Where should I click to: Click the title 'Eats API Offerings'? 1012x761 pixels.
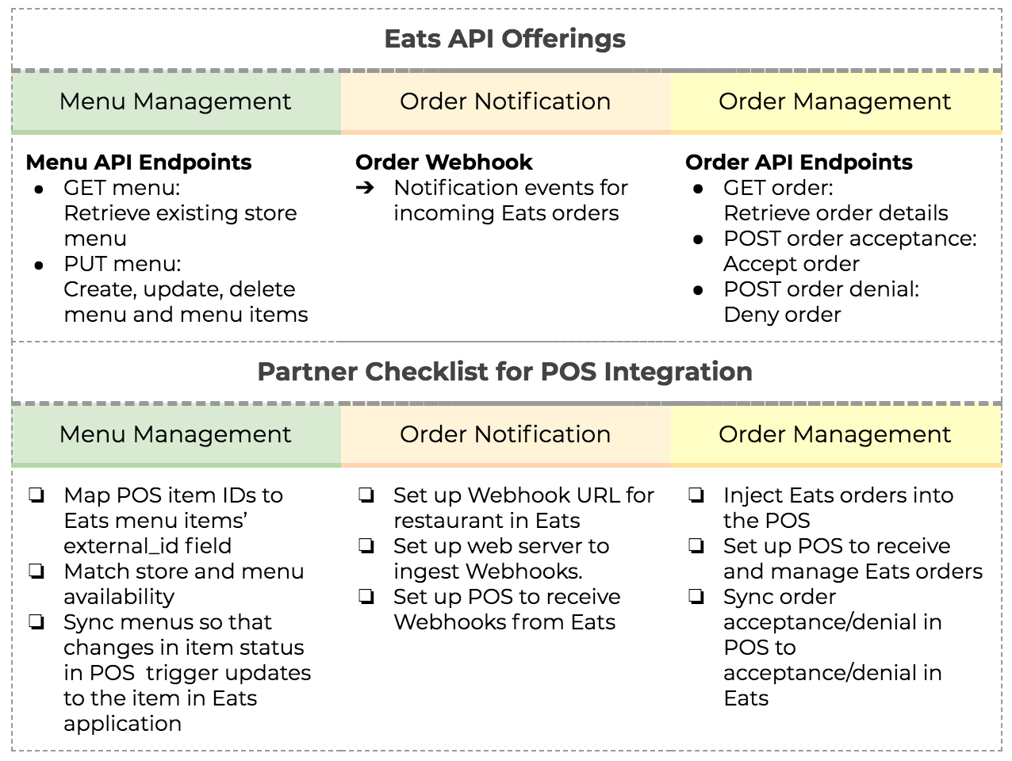point(505,39)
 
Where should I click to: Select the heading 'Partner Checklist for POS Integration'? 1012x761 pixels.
point(505,372)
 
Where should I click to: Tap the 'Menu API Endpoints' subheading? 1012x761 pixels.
point(139,163)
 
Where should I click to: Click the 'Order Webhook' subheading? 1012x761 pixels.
point(443,163)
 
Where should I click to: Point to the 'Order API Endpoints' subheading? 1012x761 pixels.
point(799,163)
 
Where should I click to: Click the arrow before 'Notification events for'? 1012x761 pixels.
point(365,188)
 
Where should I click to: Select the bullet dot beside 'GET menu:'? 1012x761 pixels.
point(39,189)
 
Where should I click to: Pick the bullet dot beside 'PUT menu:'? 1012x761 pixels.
point(39,266)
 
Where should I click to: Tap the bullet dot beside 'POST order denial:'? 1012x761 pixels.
point(698,291)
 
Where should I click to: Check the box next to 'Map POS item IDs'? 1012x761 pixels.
point(37,495)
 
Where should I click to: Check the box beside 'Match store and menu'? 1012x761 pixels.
point(37,572)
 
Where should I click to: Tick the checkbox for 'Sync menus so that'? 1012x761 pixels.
point(37,622)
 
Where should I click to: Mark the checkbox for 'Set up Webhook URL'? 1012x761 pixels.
point(366,495)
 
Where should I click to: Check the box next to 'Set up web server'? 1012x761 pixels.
point(366,546)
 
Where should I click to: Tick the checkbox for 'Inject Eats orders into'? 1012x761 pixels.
point(696,495)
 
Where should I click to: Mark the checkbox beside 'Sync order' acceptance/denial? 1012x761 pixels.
point(696,597)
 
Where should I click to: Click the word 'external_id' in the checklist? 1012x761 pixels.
point(121,547)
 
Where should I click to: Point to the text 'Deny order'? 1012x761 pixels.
point(782,315)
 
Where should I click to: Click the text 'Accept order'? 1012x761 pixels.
point(792,265)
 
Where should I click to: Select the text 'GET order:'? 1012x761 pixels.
point(778,188)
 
